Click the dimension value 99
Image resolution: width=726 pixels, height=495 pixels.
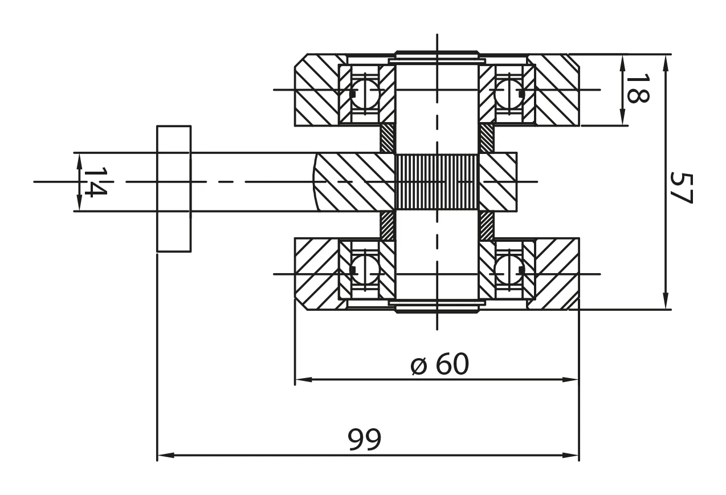pos(365,440)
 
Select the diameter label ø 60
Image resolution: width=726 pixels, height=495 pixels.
pos(440,364)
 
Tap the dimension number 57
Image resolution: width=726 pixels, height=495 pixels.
pos(680,188)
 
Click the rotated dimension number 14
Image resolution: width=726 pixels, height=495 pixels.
pos(95,181)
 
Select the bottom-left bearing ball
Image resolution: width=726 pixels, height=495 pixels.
pos(365,270)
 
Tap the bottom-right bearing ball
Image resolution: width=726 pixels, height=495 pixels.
pos(508,270)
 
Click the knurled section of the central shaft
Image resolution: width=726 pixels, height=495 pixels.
pos(437,181)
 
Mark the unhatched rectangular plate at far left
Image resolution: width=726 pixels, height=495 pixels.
pos(174,188)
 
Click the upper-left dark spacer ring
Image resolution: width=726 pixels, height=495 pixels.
pos(388,139)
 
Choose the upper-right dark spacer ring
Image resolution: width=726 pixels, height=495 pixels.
pos(486,139)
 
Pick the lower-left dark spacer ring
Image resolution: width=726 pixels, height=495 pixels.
pos(388,225)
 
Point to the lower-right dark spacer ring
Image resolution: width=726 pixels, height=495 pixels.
pos(486,225)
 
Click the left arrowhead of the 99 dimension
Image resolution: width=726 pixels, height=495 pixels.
pos(163,456)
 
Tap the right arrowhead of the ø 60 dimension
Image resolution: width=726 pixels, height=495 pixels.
pos(572,379)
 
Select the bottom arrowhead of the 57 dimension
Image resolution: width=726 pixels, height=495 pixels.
pos(665,302)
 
